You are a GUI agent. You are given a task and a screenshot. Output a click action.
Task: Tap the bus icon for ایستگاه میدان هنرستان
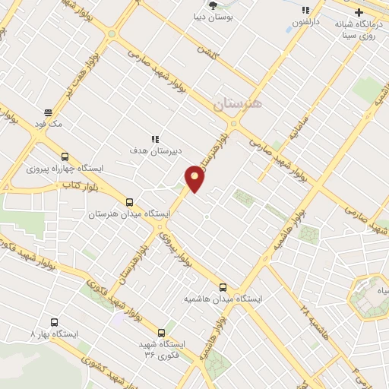click(129, 203)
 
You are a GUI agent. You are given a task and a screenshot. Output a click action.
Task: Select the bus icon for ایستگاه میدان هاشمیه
click(223, 287)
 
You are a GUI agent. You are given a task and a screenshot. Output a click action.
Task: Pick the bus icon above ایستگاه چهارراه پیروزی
click(65, 153)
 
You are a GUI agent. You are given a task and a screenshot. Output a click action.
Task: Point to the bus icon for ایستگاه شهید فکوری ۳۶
click(161, 332)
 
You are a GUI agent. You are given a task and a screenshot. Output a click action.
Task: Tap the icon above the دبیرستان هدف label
click(155, 138)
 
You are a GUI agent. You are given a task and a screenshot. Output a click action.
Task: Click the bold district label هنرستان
click(238, 104)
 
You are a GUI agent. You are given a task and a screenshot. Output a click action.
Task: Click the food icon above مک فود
click(48, 112)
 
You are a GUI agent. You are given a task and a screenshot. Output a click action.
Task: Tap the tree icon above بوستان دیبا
click(234, 5)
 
